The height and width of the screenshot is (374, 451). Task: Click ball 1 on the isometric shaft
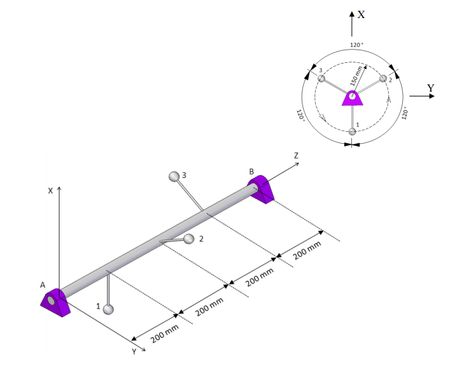[108, 310]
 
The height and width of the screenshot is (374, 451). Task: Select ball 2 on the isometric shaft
[189, 239]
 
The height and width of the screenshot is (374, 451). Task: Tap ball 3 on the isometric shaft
[174, 177]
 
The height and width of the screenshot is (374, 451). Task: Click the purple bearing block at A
[56, 302]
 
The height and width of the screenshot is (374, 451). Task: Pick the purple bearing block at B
[261, 189]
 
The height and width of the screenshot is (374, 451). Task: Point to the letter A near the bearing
[43, 285]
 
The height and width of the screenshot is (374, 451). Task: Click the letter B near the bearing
[252, 172]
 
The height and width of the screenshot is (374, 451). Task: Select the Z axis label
[296, 156]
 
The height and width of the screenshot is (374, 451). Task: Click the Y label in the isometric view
[134, 351]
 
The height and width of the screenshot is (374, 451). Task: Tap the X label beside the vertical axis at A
[50, 191]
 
